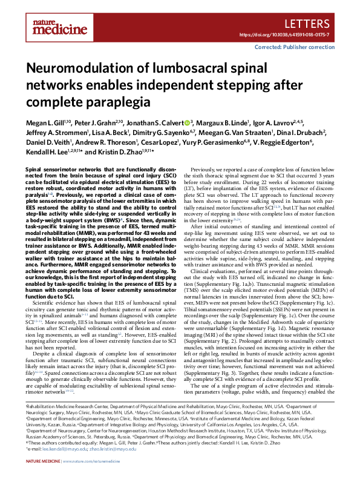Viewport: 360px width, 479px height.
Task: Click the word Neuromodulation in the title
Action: [78, 68]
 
